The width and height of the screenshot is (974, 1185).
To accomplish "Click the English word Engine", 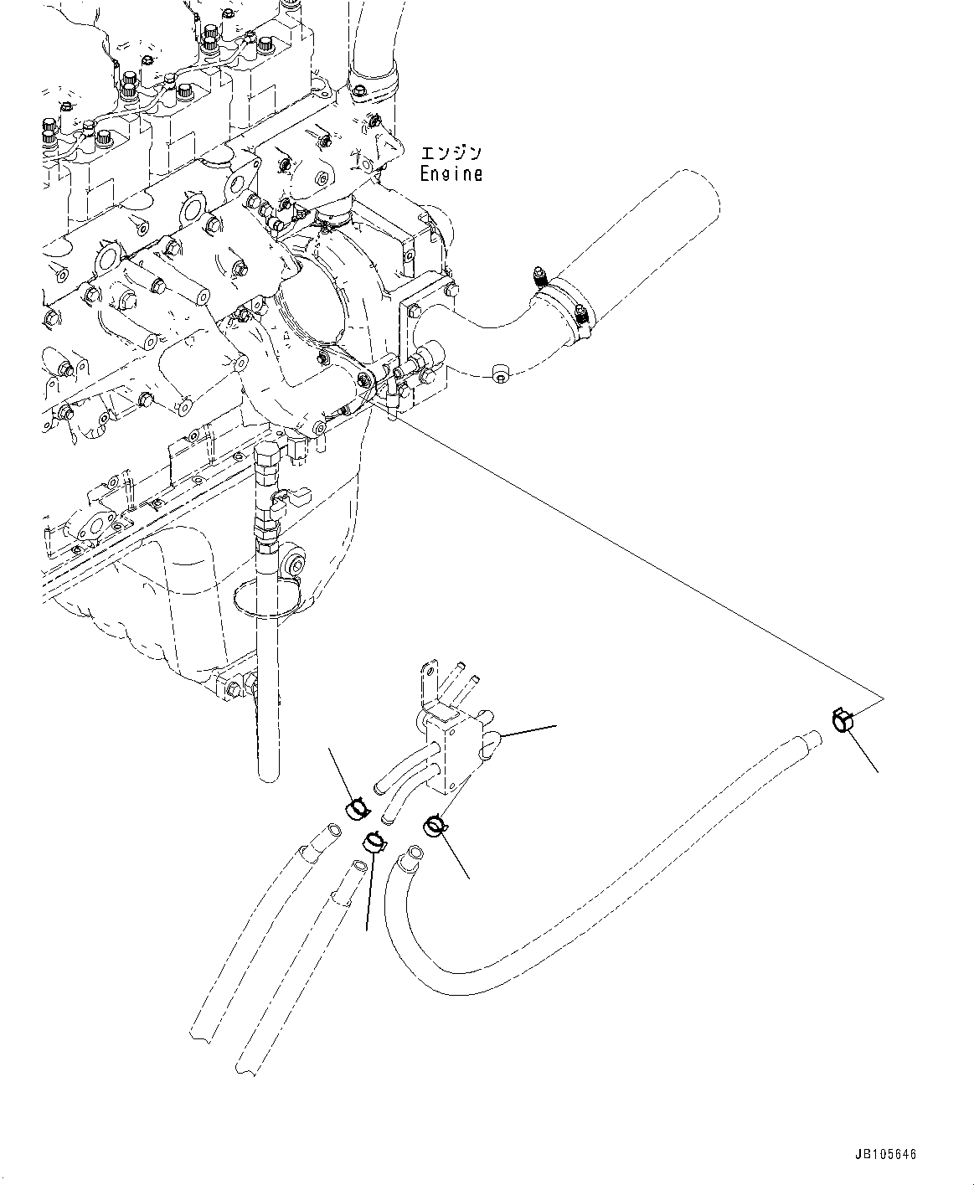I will tap(451, 174).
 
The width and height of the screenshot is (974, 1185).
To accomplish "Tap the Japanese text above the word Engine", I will tap(451, 153).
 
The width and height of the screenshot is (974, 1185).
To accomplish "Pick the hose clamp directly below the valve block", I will tap(435, 826).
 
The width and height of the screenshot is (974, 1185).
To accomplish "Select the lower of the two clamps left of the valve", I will tap(374, 840).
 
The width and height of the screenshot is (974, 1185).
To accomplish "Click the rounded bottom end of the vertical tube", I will tap(267, 775).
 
